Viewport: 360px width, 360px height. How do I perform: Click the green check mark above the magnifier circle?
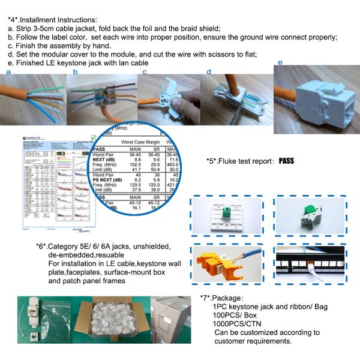pyautogui.click(x=92, y=138)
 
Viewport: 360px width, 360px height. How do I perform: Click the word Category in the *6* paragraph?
pyautogui.click(x=67, y=245)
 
